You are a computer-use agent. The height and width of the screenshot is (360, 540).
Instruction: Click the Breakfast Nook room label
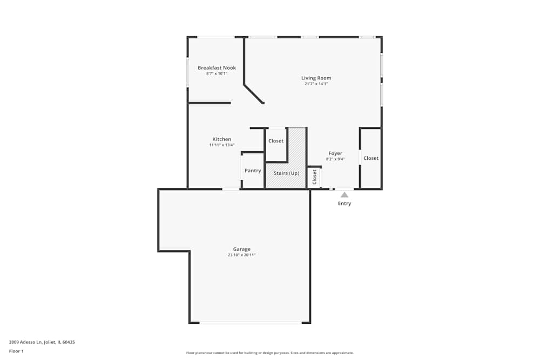(217, 68)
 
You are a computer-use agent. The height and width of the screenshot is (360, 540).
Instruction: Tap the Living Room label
(316, 78)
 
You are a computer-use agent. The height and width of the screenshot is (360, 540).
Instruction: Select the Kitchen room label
(221, 139)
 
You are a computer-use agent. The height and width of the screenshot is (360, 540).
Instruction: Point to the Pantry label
(253, 171)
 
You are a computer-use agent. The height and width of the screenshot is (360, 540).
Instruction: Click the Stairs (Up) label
(286, 173)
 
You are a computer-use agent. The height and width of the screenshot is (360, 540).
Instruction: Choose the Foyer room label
(335, 153)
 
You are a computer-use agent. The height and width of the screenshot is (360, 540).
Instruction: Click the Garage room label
(241, 249)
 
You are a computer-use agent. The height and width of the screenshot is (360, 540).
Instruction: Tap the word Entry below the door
(345, 203)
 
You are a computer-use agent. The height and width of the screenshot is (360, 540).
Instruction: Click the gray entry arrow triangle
(345, 195)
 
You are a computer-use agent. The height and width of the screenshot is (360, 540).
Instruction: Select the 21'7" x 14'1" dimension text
(316, 84)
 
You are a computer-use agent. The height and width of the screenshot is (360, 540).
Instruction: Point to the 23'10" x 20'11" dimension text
(241, 255)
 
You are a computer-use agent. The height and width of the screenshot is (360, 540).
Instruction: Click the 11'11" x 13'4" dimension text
(221, 145)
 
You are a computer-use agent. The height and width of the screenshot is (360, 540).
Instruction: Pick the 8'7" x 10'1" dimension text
(217, 73)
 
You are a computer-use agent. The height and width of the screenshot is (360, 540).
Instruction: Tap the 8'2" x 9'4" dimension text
(335, 159)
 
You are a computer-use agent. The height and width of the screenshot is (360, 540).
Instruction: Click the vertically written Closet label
(314, 177)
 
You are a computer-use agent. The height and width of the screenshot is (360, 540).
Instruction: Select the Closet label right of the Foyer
(371, 158)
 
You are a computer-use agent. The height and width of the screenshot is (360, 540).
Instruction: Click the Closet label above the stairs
(276, 141)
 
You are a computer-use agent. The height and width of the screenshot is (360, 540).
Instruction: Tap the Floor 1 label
(16, 351)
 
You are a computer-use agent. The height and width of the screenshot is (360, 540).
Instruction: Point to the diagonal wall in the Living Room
(254, 93)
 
